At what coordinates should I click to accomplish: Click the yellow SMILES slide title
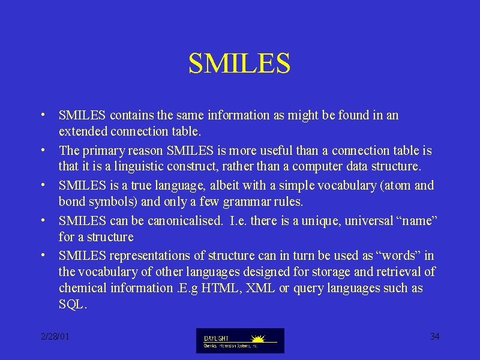pyautogui.click(x=239, y=63)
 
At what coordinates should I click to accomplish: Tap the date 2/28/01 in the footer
pyautogui.click(x=55, y=337)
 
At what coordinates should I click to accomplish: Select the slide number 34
pyautogui.click(x=434, y=337)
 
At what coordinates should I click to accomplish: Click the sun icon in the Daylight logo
pyautogui.click(x=258, y=338)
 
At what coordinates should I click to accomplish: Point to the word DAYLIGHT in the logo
pyautogui.click(x=216, y=338)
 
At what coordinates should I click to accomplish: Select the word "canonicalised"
pyautogui.click(x=185, y=220)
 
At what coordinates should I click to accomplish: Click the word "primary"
pyautogui.click(x=104, y=151)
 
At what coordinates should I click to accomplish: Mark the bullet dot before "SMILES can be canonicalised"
pyautogui.click(x=43, y=220)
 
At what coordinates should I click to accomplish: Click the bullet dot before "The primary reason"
pyautogui.click(x=43, y=149)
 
